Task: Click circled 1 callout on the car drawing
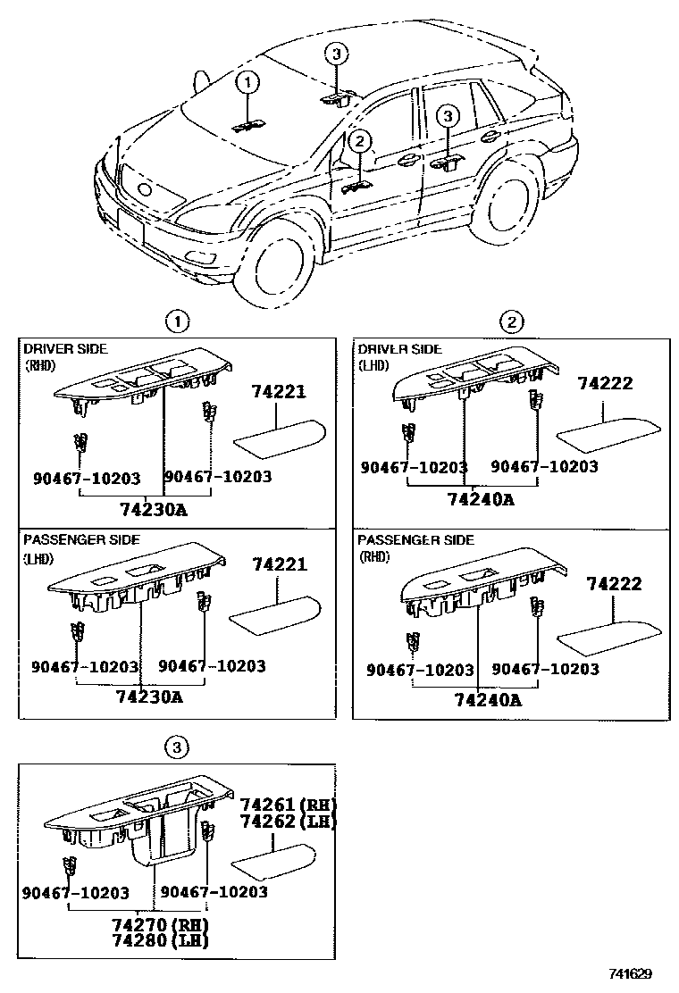247,83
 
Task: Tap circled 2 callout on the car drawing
359,140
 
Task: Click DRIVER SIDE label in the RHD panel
65,348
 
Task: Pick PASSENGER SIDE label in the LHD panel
80,540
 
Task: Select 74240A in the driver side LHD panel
480,499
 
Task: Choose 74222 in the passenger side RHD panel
616,584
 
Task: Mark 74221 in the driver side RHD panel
279,391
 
